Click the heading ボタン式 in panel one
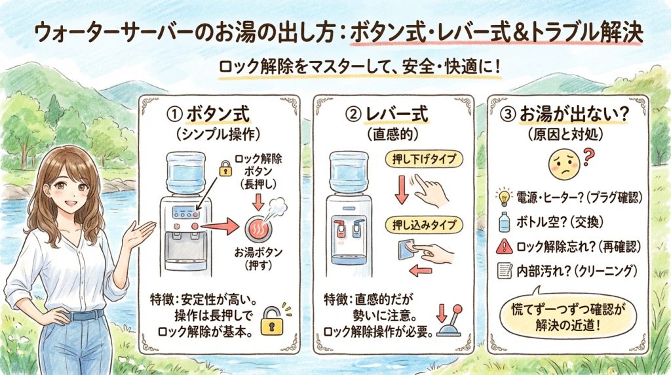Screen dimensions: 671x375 pyautogui.click(x=218, y=115)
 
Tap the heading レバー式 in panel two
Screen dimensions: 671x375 pyautogui.click(x=396, y=115)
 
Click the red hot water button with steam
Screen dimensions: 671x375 pyautogui.click(x=258, y=227)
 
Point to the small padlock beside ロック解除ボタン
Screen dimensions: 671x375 pyautogui.click(x=225, y=168)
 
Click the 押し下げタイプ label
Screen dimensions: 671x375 pyautogui.click(x=425, y=159)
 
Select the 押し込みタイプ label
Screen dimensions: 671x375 pyautogui.click(x=425, y=225)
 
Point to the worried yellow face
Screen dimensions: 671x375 pyautogui.click(x=564, y=167)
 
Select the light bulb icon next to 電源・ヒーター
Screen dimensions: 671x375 pyautogui.click(x=504, y=197)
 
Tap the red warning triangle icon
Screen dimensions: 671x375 pyautogui.click(x=505, y=246)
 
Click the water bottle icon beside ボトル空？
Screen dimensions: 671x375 pyautogui.click(x=505, y=222)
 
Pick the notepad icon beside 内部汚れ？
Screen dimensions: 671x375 pyautogui.click(x=505, y=271)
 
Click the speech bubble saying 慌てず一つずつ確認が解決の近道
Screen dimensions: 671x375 pyautogui.click(x=568, y=317)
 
